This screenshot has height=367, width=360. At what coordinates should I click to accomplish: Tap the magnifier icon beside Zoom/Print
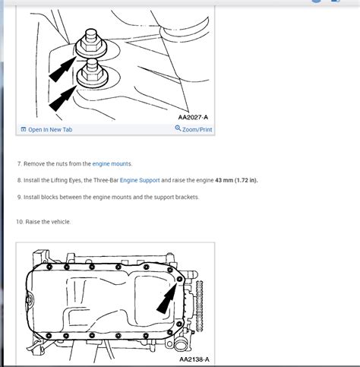point(178,129)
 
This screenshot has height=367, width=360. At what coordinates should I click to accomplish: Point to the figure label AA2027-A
point(194,118)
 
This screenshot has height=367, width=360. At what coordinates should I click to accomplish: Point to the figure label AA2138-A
point(194,359)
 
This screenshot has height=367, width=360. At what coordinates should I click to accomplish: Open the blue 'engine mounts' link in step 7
point(112,164)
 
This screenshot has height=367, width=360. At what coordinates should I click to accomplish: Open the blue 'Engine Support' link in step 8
point(139,181)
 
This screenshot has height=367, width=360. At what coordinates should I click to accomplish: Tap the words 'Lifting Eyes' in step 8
point(65,181)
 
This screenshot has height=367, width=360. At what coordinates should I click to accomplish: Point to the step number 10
point(19,222)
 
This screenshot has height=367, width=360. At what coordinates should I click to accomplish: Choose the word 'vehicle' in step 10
point(58,222)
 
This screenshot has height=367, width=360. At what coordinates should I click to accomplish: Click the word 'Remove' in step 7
point(35,164)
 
